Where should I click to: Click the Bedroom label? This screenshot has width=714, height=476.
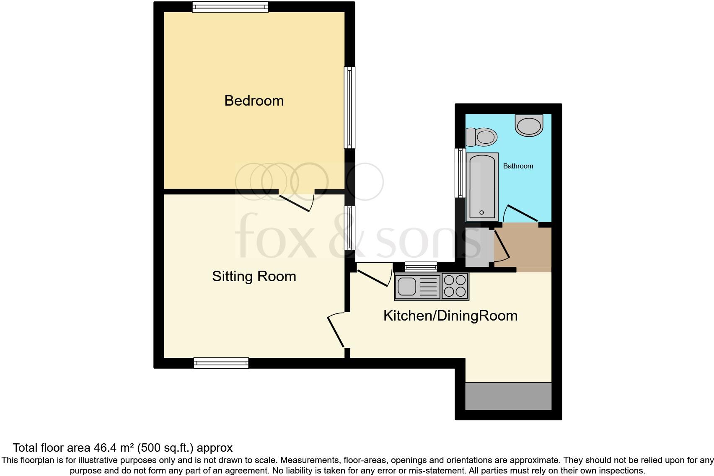click(254, 101)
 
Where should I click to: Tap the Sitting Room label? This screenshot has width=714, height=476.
click(254, 276)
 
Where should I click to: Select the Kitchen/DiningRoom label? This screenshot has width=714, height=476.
click(450, 316)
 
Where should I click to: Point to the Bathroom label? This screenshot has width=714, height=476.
click(518, 166)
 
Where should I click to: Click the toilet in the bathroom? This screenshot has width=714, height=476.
click(482, 137)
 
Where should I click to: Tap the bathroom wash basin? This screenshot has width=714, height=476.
click(529, 125)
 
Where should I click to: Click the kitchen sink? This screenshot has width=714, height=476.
click(406, 287)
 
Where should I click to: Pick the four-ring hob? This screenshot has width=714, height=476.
click(455, 286)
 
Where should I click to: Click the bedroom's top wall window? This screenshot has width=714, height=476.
click(230, 7)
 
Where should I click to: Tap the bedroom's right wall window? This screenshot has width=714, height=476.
click(349, 108)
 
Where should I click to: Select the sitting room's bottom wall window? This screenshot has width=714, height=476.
click(221, 363)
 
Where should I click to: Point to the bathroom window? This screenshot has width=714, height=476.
click(460, 173)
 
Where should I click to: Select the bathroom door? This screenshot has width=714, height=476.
click(521, 213)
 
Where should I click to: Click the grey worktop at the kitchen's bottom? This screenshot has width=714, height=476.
click(508, 396)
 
